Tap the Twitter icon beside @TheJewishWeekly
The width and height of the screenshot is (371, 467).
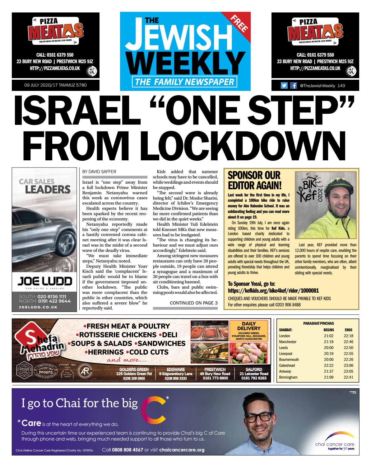click(x=284, y=86)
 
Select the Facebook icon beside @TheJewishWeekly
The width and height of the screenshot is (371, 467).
click(x=293, y=86)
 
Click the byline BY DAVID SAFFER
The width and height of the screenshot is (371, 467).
click(x=99, y=171)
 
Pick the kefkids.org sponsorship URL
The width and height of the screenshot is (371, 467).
click(x=273, y=291)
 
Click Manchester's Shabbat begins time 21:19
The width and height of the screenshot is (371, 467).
click(x=328, y=342)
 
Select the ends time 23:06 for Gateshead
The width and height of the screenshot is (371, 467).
click(x=348, y=366)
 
